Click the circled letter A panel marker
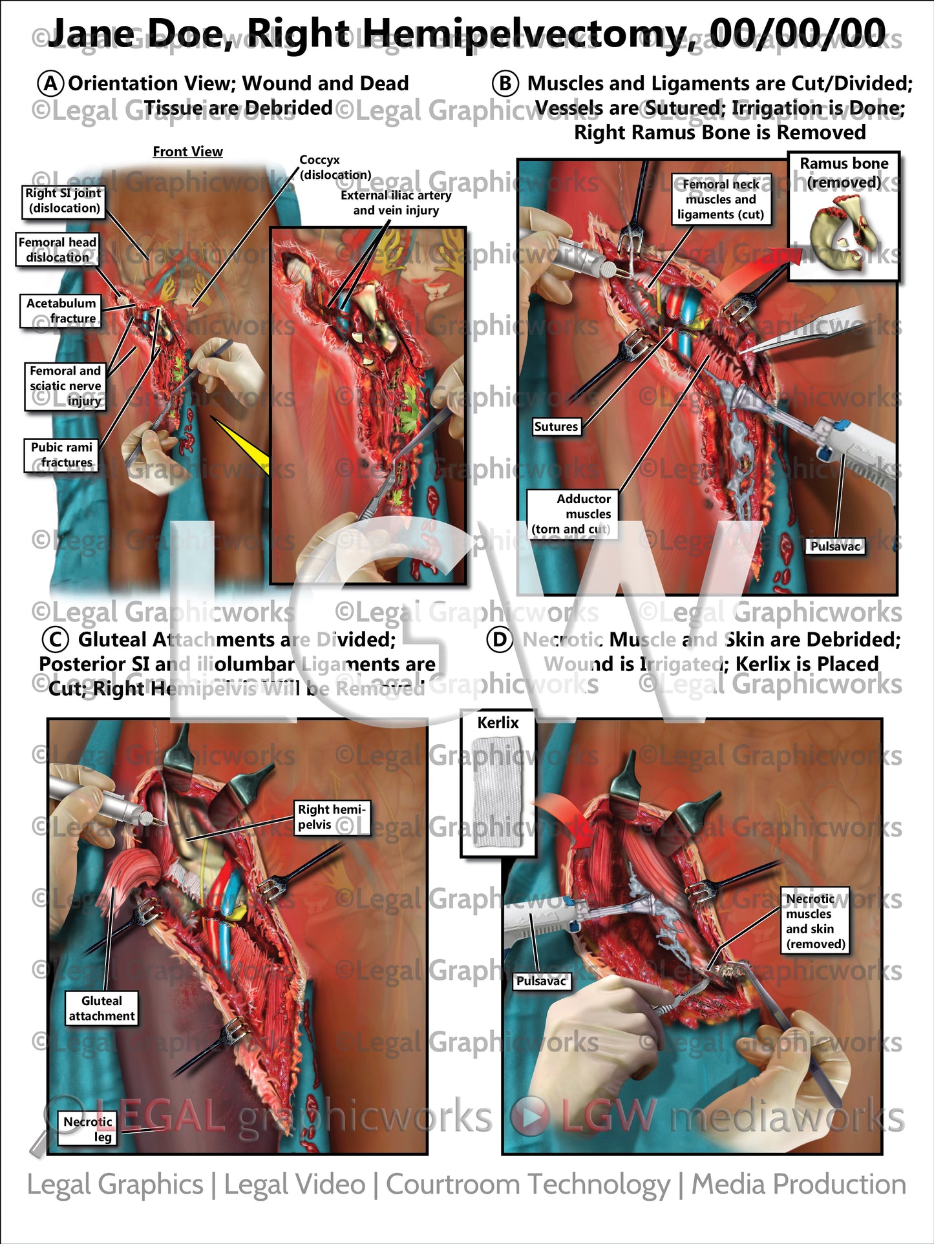click(x=50, y=83)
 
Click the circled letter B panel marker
click(x=505, y=83)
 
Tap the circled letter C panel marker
click(x=55, y=639)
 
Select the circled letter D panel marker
click(x=500, y=639)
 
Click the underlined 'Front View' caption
click(x=187, y=152)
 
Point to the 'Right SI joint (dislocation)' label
click(x=63, y=200)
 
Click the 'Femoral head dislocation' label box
click(x=58, y=249)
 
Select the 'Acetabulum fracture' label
click(x=61, y=311)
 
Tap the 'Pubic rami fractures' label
click(x=61, y=455)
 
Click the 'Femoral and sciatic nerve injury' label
click(x=65, y=386)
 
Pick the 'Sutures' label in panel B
click(x=556, y=426)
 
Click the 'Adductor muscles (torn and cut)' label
click(x=571, y=513)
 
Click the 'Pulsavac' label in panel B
click(x=835, y=546)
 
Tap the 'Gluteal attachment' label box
click(x=101, y=1008)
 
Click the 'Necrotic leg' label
click(x=88, y=1129)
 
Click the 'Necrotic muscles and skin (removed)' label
click(x=815, y=921)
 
